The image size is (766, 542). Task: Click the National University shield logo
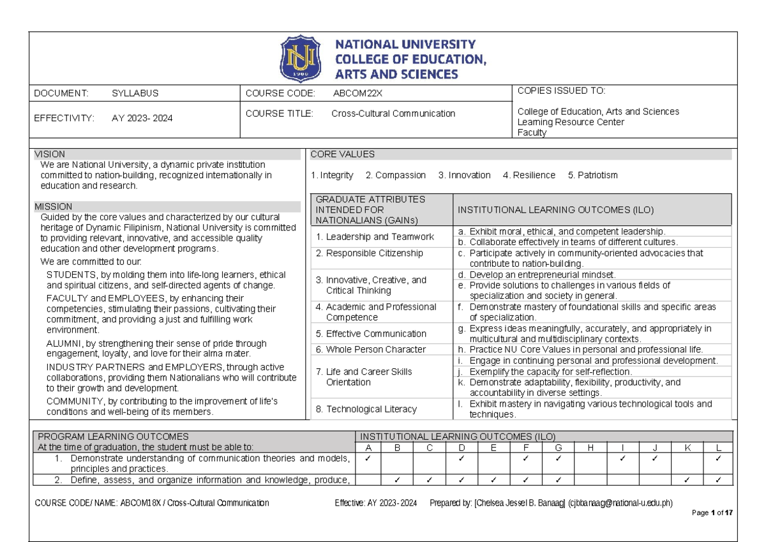[300, 59]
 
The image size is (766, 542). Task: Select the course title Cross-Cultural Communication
[393, 114]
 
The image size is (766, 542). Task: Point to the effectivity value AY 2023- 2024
[142, 118]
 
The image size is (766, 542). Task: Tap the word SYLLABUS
[135, 93]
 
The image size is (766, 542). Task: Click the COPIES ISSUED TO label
[561, 91]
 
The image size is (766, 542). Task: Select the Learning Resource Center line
[570, 122]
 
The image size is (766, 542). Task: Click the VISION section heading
[49, 154]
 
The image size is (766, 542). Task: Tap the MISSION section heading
[53, 207]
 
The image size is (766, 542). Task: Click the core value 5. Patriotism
[592, 175]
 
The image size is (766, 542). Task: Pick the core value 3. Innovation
[464, 175]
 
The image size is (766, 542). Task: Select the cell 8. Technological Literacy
[366, 409]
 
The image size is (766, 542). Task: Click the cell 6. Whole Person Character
[370, 349]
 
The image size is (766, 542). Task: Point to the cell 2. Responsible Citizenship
[370, 253]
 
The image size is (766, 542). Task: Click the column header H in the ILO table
[589, 448]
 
